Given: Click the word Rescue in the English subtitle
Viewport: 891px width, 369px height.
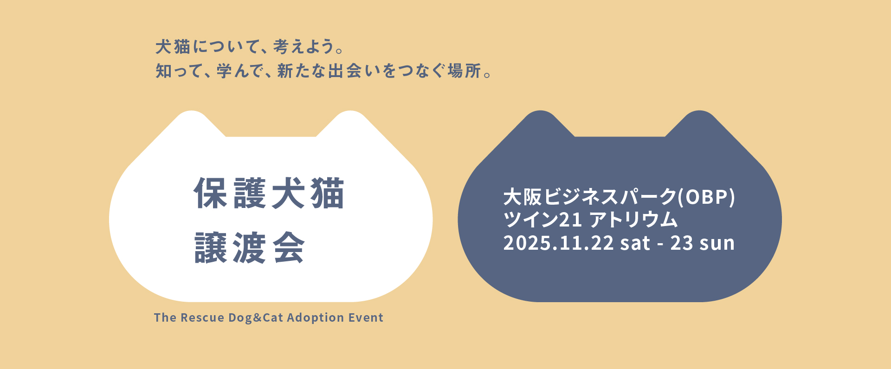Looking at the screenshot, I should tap(202, 318).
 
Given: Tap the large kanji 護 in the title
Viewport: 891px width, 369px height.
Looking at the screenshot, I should tap(250, 194).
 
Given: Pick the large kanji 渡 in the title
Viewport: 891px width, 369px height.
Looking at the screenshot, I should tap(250, 248).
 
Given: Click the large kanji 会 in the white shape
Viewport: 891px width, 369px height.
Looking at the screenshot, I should tap(289, 248).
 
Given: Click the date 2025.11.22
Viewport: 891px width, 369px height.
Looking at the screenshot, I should tap(558, 243).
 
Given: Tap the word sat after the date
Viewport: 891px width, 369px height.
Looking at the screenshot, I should tap(635, 243).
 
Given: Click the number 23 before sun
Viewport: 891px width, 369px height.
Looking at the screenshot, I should tap(682, 243).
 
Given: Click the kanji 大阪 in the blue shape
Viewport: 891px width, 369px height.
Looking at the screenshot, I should tap(523, 197).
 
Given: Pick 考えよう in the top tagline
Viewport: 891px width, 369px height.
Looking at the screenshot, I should tap(303, 47).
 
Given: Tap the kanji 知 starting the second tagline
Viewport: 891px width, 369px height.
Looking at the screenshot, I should tap(164, 71).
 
